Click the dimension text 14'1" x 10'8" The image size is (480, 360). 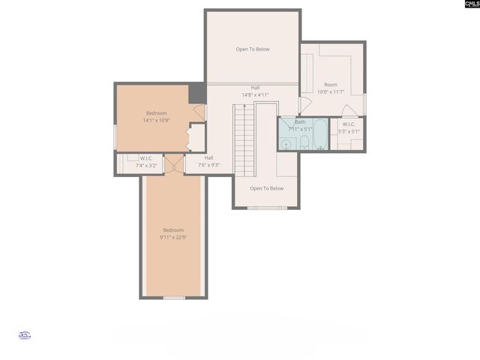(x=157, y=119)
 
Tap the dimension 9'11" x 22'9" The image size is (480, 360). (x=172, y=237)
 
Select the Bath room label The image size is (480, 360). (x=300, y=121)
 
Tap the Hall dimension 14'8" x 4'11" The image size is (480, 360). (x=255, y=95)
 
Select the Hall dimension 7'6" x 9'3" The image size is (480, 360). (x=208, y=164)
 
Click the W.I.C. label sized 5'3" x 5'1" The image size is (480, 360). (x=349, y=131)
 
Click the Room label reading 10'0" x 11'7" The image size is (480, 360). (x=330, y=91)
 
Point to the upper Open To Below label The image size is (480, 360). (x=252, y=49)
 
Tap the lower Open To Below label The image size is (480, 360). (x=266, y=188)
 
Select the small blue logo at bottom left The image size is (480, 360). (x=23, y=336)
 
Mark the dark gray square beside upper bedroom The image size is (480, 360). (x=197, y=94)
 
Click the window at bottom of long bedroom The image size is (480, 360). (x=174, y=298)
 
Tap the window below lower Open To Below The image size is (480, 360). (x=263, y=208)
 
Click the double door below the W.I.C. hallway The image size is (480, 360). (x=174, y=164)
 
